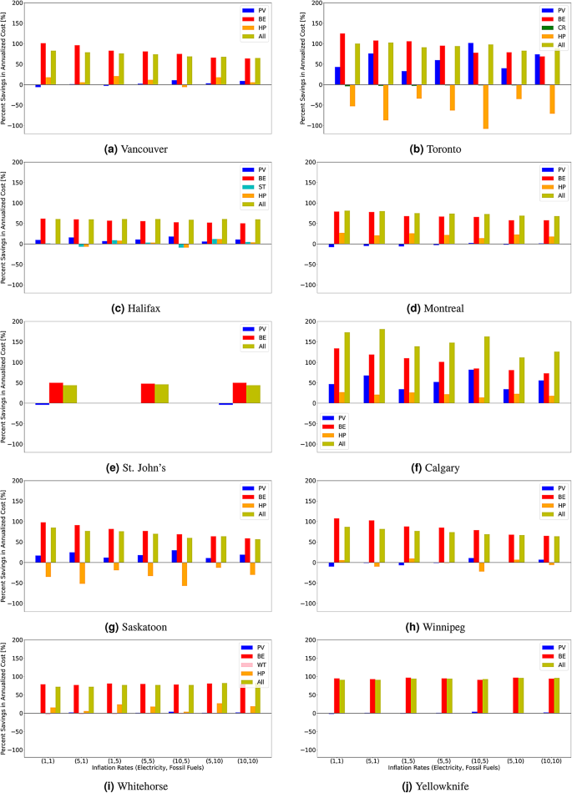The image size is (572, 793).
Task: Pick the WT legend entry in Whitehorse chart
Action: (x=260, y=665)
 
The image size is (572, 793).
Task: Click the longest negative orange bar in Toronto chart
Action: (x=486, y=107)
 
